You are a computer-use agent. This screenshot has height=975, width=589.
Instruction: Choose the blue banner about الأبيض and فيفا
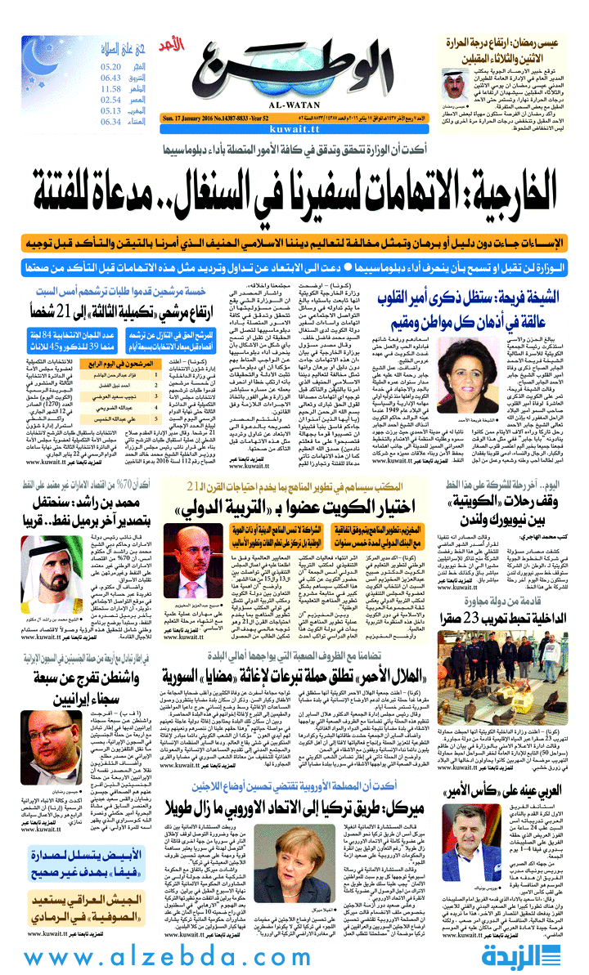pos(62,859)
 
